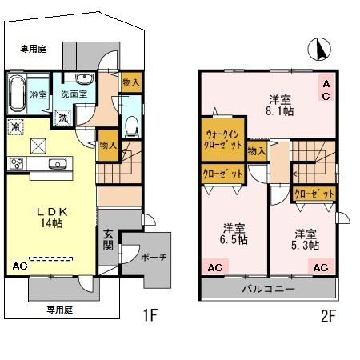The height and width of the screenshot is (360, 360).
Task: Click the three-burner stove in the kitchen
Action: tap(18, 163)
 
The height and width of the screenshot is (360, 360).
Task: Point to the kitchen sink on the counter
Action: tap(57, 164)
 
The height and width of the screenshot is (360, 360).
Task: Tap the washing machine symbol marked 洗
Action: tap(62, 116)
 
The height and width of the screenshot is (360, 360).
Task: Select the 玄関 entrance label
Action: tap(108, 239)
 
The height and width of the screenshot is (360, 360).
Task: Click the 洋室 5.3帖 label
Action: tap(305, 239)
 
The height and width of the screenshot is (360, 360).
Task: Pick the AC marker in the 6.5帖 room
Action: tap(214, 268)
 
